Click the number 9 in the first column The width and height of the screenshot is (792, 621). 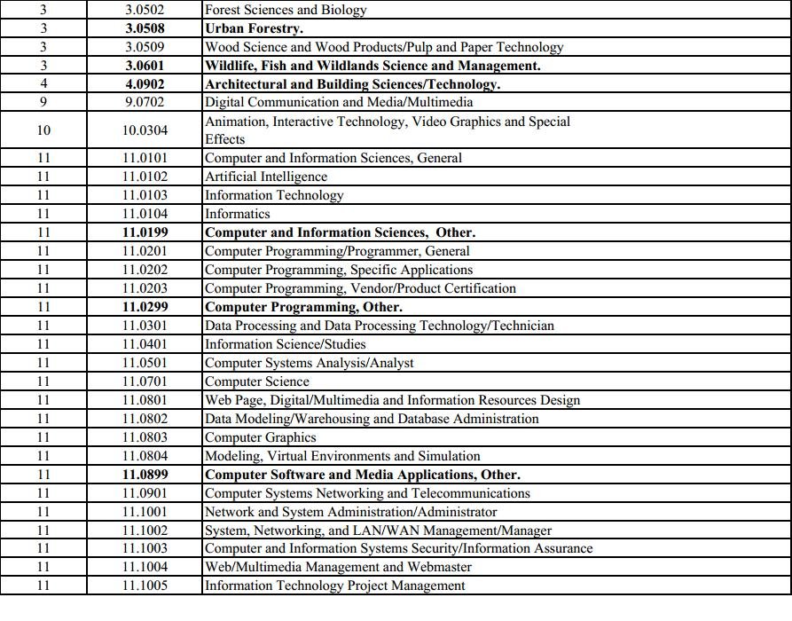(x=43, y=102)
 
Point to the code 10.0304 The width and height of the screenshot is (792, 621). (x=145, y=130)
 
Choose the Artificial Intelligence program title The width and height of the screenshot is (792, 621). (x=265, y=177)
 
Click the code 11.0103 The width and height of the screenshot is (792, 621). (x=145, y=195)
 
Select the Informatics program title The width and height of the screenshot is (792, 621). (x=237, y=214)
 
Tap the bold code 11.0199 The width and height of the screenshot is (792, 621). (x=145, y=232)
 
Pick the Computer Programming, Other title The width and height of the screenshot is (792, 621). (x=303, y=307)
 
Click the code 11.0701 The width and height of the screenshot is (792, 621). (x=145, y=381)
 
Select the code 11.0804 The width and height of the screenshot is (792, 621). (x=145, y=456)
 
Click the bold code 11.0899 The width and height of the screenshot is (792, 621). (x=145, y=475)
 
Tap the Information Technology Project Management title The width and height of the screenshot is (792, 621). (x=334, y=586)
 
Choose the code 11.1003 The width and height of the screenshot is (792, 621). (x=145, y=548)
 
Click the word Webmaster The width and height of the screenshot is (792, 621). (x=437, y=567)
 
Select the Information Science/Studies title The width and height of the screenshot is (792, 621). (x=285, y=344)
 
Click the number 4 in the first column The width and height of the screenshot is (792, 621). (x=43, y=84)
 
